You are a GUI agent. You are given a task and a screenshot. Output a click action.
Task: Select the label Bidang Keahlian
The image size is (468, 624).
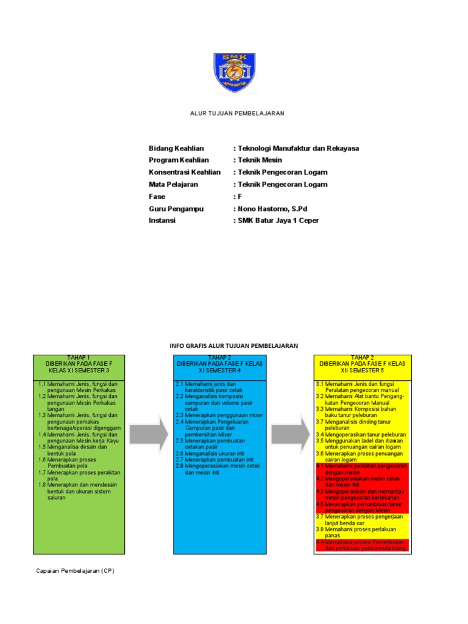(176, 148)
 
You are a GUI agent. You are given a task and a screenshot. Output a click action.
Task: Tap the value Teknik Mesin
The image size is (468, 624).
(260, 160)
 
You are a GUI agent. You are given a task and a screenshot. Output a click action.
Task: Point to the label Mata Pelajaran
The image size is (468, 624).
(174, 184)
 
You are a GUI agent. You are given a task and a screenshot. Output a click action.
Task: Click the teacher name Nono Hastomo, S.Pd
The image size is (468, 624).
(272, 208)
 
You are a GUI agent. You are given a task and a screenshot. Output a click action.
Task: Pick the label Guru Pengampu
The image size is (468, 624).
(176, 208)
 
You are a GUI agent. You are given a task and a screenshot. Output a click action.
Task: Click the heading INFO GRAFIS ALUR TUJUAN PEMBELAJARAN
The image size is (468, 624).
(233, 346)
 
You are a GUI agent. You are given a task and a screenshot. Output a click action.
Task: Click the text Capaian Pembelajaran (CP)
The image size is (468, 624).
(74, 571)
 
